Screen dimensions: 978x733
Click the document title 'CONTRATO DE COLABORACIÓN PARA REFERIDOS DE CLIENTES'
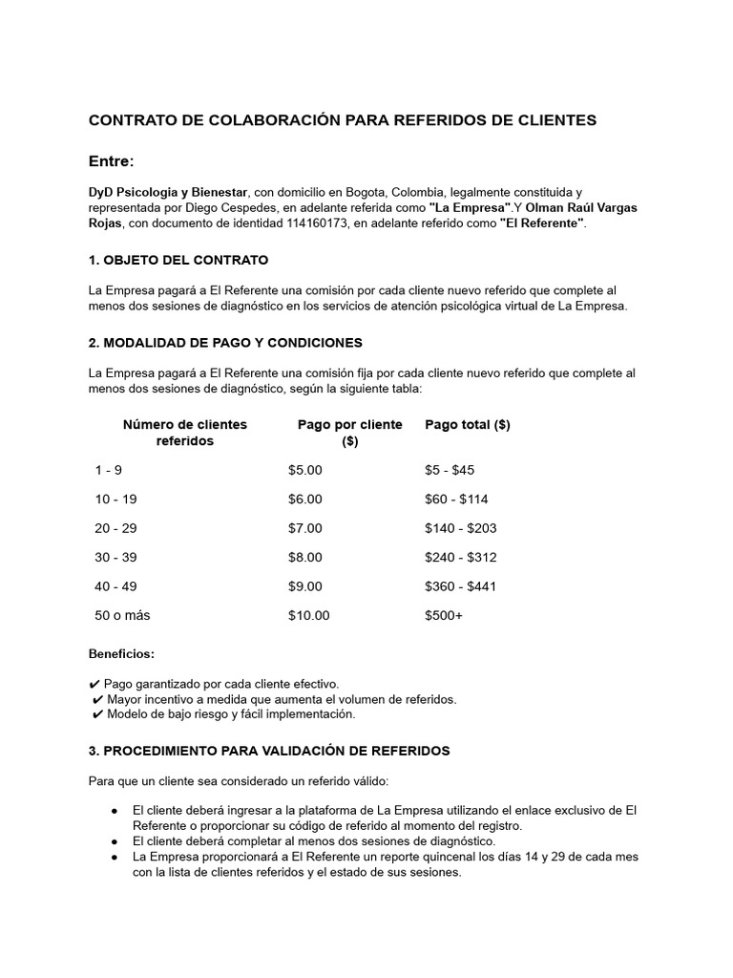click(343, 120)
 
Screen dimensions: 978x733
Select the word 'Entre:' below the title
click(112, 159)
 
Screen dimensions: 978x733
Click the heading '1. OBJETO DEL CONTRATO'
click(178, 260)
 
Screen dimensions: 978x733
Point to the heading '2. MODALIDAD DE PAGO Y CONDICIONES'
click(225, 342)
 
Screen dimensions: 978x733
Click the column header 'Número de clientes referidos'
click(184, 433)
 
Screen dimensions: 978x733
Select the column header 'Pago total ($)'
click(467, 425)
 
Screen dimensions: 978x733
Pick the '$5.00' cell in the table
click(305, 470)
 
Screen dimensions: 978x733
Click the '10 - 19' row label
click(115, 499)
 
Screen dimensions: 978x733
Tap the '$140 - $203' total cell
click(460, 528)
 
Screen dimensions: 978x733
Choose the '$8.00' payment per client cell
click(305, 557)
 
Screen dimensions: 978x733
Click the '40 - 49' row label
click(115, 586)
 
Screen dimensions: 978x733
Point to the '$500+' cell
click(444, 615)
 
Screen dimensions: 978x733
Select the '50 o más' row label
click(122, 615)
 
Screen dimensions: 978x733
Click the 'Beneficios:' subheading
click(121, 654)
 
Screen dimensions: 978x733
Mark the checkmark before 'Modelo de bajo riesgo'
click(97, 714)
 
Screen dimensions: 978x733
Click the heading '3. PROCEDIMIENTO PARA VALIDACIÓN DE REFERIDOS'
click(269, 752)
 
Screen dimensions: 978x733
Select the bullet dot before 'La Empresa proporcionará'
click(114, 858)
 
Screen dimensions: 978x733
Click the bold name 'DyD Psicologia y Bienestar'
click(169, 192)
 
